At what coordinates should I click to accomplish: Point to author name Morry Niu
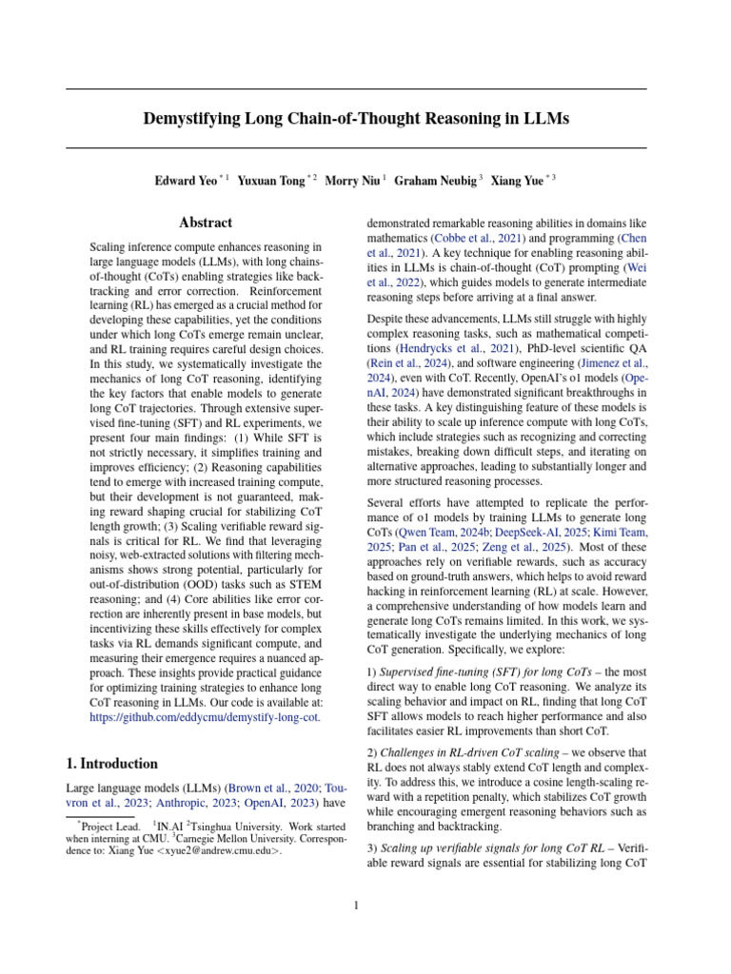click(x=354, y=179)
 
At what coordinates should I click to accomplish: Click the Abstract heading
click(x=206, y=223)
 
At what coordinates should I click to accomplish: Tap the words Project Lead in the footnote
click(x=107, y=828)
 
